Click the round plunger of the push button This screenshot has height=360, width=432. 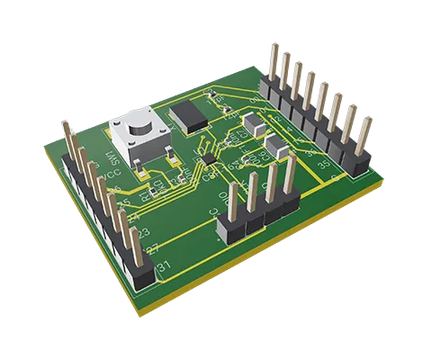click(132, 126)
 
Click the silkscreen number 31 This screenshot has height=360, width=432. click(164, 268)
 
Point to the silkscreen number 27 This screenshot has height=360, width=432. click(152, 249)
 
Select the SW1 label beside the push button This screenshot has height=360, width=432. click(112, 162)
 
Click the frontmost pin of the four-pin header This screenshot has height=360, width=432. click(233, 202)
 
